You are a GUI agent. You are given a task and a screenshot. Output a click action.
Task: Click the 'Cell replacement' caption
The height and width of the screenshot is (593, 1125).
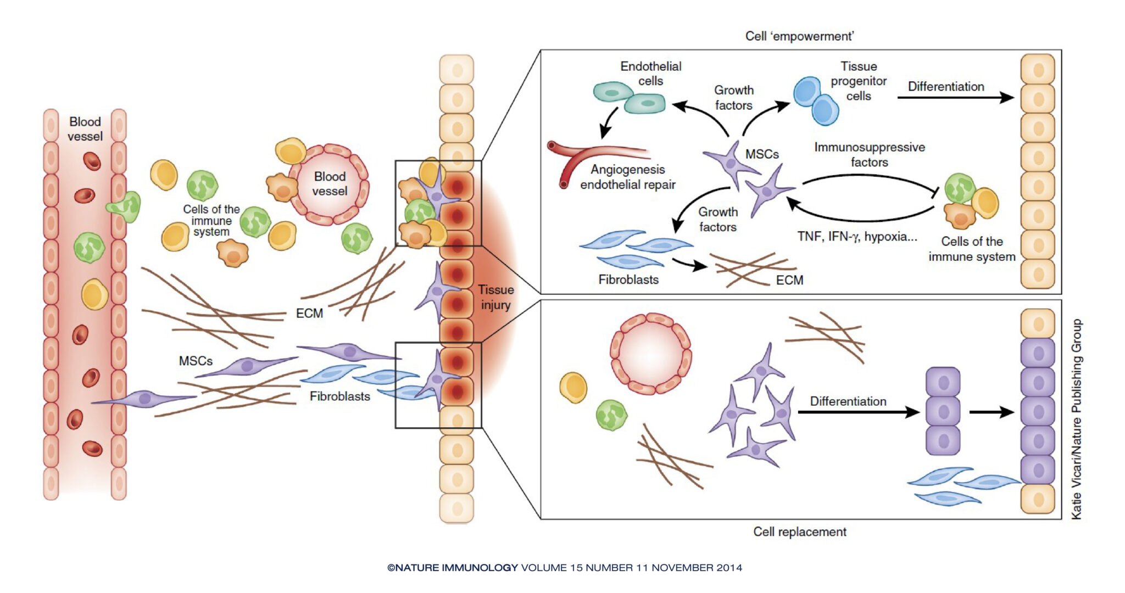(x=799, y=532)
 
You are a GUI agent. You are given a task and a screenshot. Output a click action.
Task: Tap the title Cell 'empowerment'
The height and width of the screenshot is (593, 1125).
(x=799, y=36)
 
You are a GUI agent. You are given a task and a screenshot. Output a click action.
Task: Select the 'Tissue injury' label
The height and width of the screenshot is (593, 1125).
(x=495, y=297)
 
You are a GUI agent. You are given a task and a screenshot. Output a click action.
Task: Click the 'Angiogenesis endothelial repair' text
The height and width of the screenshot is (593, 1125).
(x=628, y=177)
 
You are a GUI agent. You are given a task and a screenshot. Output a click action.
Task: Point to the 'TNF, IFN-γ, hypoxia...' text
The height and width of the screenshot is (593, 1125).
(x=857, y=237)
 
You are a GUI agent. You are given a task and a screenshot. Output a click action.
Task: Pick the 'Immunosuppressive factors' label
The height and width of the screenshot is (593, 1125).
(x=870, y=154)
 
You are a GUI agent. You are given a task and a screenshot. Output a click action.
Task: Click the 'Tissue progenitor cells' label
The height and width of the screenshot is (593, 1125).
(x=859, y=81)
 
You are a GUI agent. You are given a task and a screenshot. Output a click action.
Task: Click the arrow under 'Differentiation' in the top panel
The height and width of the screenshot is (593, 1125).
(x=955, y=98)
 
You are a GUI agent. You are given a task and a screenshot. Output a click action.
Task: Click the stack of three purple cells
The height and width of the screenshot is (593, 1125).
(x=943, y=411)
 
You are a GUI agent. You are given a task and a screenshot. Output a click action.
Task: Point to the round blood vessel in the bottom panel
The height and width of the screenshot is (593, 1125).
(x=650, y=354)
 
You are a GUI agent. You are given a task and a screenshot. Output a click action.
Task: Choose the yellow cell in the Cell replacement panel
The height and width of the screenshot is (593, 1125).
(x=573, y=387)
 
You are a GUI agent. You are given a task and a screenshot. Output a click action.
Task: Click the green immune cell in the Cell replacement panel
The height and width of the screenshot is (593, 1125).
(x=611, y=415)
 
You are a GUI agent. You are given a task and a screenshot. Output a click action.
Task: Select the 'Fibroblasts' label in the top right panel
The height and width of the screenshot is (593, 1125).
(x=628, y=279)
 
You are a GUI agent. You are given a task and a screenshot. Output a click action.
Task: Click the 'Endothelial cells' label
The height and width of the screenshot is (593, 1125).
(x=650, y=74)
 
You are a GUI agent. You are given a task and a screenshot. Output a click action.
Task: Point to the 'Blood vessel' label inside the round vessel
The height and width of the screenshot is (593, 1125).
(x=330, y=184)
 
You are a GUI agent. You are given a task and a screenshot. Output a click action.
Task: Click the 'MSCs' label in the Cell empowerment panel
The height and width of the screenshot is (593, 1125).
(x=762, y=154)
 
